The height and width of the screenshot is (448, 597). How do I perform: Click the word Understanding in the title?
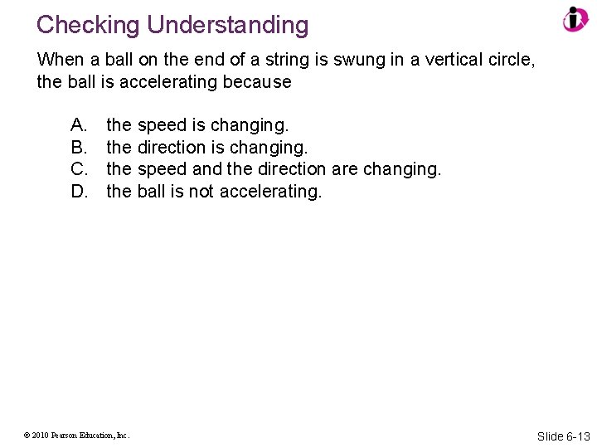(x=228, y=25)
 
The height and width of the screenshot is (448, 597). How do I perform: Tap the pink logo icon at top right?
(x=575, y=19)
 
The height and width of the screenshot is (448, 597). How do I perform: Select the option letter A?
(x=80, y=125)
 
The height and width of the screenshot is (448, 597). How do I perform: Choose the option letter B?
(x=80, y=148)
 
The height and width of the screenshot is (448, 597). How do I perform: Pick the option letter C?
(x=80, y=169)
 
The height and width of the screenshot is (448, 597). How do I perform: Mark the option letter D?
(x=80, y=192)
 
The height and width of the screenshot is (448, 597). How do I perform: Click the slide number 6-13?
(x=576, y=436)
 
